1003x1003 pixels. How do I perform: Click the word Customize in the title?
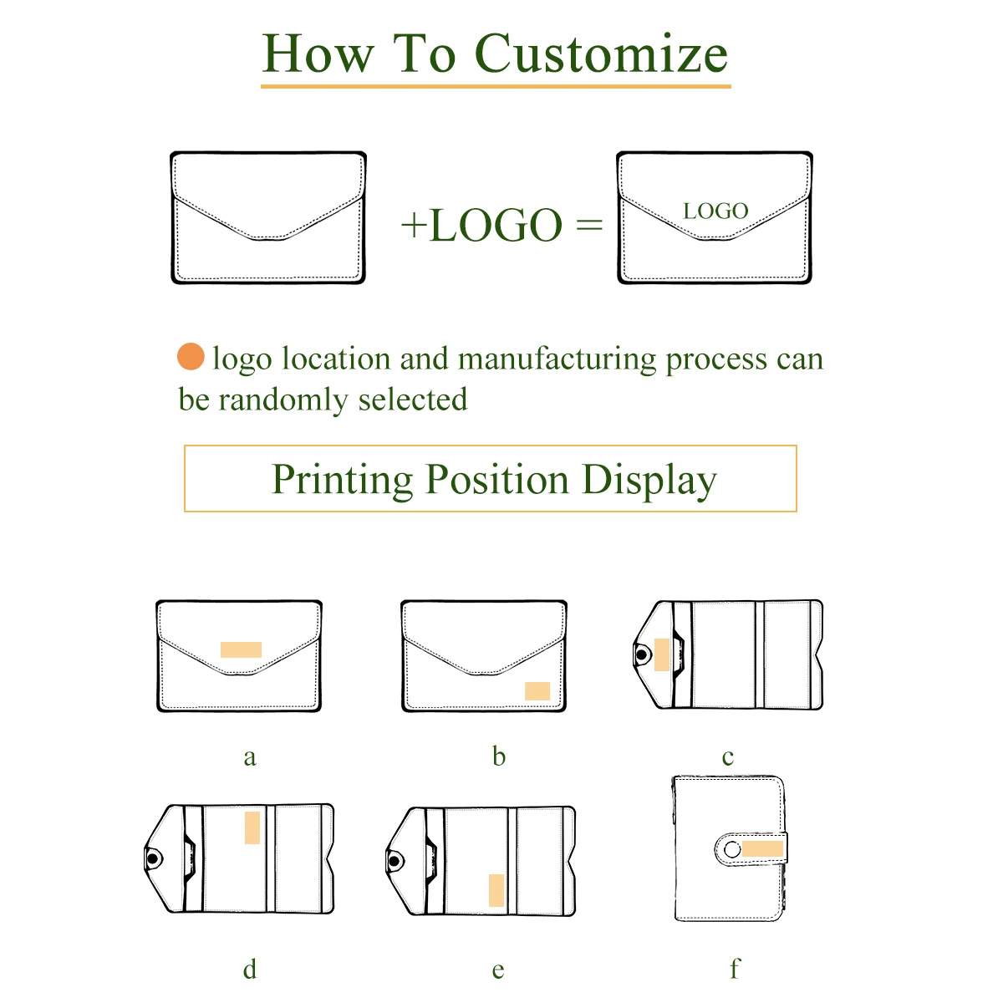601,54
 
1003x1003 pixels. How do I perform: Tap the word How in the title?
318,54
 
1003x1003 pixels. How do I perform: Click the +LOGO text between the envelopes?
481,226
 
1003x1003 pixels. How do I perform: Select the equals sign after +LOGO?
589,225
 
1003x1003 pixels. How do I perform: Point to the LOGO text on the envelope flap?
715,211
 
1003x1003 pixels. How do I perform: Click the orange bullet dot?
191,357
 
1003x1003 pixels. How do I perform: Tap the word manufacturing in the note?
558,359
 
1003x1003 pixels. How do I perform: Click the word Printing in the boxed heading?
343,480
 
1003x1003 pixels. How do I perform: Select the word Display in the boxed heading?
649,480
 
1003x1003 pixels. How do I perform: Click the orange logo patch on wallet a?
241,649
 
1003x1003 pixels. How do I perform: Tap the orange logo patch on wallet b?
537,691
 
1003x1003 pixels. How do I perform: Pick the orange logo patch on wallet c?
662,654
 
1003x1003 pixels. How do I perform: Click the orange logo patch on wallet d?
252,827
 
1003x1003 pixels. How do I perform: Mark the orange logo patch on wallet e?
496,890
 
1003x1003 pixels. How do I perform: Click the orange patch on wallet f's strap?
762,849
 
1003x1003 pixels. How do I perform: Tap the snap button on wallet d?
153,858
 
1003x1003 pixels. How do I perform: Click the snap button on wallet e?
395,860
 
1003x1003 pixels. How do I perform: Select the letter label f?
735,968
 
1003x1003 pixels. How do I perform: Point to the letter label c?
728,757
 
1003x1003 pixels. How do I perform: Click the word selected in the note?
413,400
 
